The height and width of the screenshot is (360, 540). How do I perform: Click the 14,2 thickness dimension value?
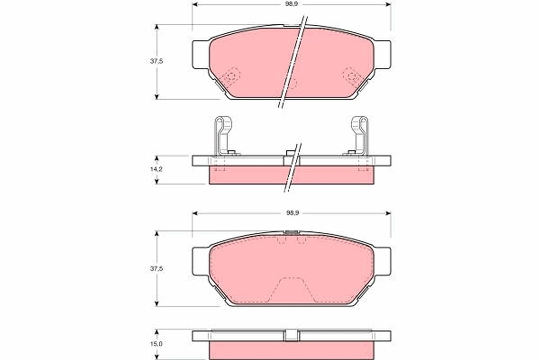tap(156, 170)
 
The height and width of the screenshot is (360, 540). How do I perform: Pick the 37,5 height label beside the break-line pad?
tap(156, 62)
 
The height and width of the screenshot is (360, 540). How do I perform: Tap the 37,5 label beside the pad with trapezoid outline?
tap(156, 269)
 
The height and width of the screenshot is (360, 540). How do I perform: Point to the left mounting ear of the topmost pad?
tap(201, 55)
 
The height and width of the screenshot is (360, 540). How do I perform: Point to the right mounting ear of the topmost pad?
tap(382, 55)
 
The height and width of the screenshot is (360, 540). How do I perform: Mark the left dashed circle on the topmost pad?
tap(231, 77)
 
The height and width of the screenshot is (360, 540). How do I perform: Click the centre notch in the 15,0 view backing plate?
tap(292, 335)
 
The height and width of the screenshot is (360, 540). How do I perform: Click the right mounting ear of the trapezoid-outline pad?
tap(382, 262)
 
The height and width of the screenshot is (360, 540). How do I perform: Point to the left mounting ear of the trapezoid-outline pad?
tap(201, 262)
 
